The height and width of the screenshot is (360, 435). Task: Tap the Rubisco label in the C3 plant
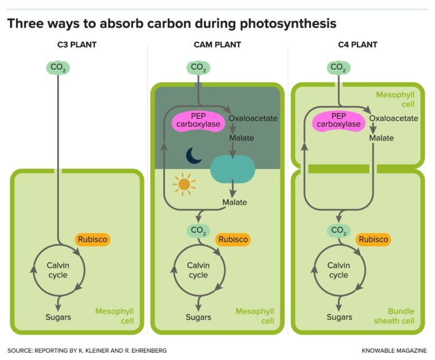pyautogui.click(x=91, y=239)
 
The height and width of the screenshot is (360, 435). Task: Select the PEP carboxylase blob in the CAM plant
pyautogui.click(x=198, y=121)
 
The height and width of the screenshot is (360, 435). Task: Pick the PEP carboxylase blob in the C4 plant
pyautogui.click(x=338, y=121)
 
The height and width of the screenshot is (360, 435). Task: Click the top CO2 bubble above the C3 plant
pyautogui.click(x=57, y=68)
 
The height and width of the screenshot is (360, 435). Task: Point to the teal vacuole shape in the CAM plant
pyautogui.click(x=233, y=169)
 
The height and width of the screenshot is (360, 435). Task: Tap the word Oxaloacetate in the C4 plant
pyautogui.click(x=394, y=118)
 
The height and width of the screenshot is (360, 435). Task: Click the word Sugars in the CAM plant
pyautogui.click(x=198, y=317)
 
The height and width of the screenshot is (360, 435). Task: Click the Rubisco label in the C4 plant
pyautogui.click(x=373, y=239)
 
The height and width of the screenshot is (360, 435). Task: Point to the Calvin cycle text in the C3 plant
pyautogui.click(x=57, y=270)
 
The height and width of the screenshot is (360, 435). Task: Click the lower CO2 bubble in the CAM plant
pyautogui.click(x=198, y=230)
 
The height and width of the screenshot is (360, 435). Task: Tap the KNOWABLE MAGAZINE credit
pyautogui.click(x=394, y=351)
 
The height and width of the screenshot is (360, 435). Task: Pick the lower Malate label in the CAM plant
pyautogui.click(x=234, y=202)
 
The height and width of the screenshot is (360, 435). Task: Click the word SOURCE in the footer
pyautogui.click(x=20, y=351)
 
